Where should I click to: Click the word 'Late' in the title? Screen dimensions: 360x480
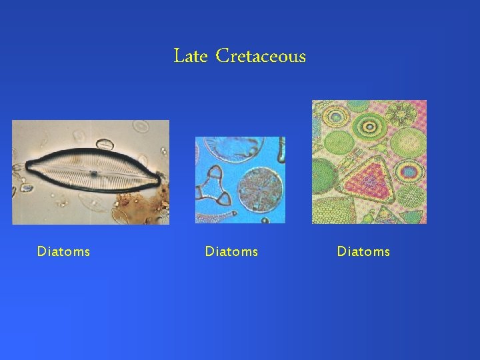(191, 57)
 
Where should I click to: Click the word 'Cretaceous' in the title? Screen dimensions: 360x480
(261, 57)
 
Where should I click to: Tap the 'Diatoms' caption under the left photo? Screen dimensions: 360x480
(63, 251)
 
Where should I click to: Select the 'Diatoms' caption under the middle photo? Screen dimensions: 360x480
(231, 251)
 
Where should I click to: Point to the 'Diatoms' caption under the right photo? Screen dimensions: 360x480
(363, 251)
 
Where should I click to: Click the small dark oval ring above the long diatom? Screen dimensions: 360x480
(104, 143)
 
